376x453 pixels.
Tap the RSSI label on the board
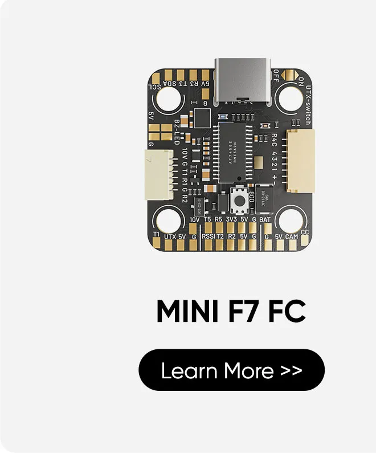coord(209,235)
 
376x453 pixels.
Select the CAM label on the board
coord(292,235)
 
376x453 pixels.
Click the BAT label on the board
coord(265,219)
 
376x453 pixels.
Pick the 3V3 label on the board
coord(231,219)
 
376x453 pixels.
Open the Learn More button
coord(231,370)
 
